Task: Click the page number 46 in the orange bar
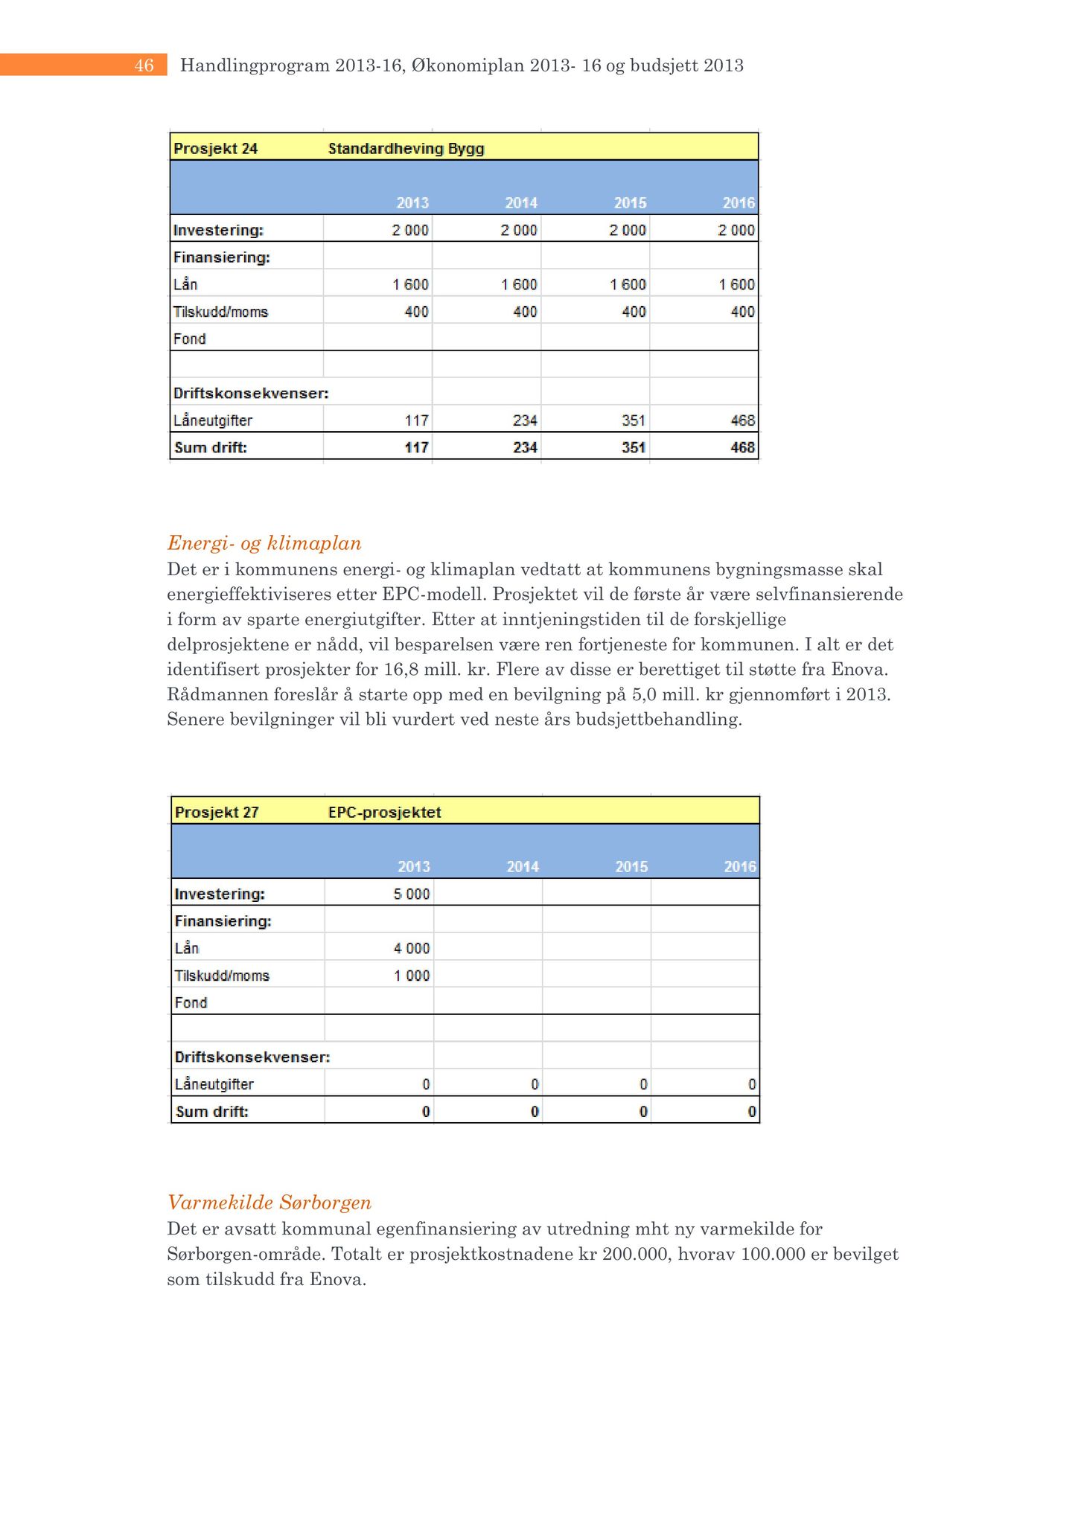144,65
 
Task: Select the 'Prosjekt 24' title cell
216,149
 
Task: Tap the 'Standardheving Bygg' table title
406,149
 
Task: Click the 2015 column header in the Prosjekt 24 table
630,203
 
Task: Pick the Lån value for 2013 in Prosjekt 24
410,284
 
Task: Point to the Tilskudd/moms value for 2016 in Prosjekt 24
742,312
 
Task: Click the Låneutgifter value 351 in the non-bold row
634,420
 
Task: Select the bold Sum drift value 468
742,447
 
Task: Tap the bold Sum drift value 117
416,447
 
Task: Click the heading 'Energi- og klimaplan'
264,543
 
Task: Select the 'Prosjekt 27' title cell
217,812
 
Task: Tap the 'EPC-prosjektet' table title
385,812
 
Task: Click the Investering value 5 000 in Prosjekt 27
412,894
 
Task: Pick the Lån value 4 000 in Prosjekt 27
412,948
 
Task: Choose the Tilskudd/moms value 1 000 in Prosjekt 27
412,976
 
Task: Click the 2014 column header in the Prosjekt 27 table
523,867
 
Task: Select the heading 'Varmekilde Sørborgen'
269,1203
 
